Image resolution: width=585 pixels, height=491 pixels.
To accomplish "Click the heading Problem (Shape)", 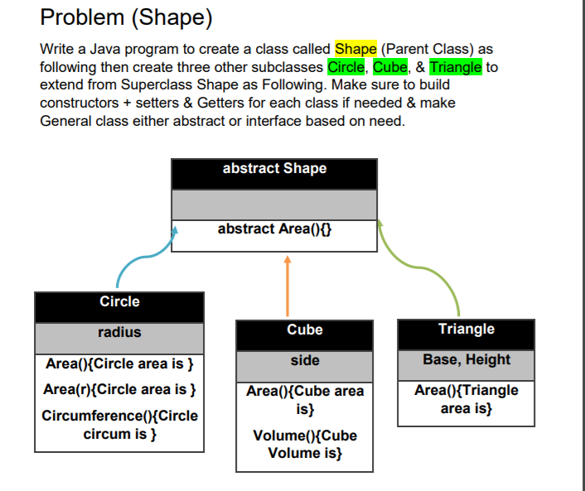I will coord(125,17).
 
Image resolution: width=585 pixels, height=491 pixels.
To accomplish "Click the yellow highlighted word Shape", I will coord(355,50).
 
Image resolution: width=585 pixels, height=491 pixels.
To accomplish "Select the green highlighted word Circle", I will coord(346,67).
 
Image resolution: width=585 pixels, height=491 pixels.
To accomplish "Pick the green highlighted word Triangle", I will coord(456,67).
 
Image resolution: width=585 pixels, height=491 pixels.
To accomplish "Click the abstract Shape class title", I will coord(274,169).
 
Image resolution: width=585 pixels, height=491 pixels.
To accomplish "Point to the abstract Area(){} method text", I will coord(274,229).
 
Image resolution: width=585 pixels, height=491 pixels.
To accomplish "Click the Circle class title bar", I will coord(119,302).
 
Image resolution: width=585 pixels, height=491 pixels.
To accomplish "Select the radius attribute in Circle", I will coord(119,333).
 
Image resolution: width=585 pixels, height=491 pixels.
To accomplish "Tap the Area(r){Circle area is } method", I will coord(119,389).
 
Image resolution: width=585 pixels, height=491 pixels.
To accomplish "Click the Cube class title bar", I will coord(305,330).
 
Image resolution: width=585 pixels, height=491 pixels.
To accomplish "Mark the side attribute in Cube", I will coord(305,361).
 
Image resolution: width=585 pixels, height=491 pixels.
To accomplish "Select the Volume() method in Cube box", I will coord(305,445).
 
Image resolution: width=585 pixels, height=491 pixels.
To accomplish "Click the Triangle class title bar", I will coord(467,330).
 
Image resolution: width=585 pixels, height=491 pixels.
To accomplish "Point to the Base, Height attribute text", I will coord(467,360).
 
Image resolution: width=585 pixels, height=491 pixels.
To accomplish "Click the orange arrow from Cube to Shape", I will coord(288,286).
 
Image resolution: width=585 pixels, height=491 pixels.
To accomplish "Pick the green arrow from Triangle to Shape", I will coord(439,265).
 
